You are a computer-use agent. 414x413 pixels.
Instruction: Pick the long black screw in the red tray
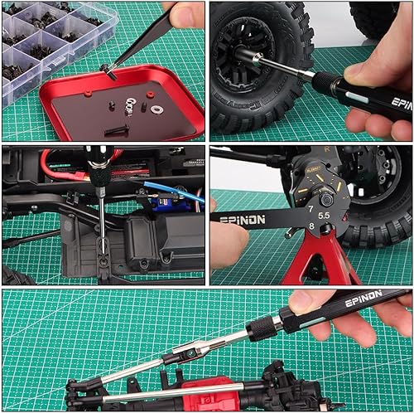(x=117, y=129)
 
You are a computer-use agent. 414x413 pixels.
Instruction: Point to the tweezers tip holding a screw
(x=107, y=72)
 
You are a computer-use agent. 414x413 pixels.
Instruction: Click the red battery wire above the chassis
(x=58, y=165)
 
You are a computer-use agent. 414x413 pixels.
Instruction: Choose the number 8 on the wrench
(x=310, y=226)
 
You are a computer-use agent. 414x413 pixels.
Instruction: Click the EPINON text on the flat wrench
(x=243, y=220)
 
